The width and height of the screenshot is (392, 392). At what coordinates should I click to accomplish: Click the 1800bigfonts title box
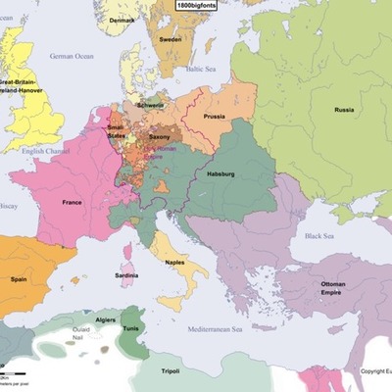(x=197, y=6)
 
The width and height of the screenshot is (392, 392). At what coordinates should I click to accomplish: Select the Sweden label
(x=170, y=39)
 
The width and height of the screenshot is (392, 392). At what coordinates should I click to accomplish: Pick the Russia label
(x=342, y=110)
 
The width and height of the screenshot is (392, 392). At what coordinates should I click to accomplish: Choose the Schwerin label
(x=151, y=105)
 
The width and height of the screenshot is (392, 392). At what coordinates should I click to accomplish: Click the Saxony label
(x=160, y=136)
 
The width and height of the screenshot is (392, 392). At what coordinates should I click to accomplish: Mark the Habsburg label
(x=221, y=173)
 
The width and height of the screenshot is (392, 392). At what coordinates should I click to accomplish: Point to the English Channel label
(x=40, y=151)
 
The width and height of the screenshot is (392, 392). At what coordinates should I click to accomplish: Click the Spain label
(x=18, y=278)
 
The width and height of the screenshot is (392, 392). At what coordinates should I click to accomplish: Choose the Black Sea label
(x=318, y=235)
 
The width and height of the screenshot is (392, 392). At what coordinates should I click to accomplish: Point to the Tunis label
(x=131, y=328)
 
